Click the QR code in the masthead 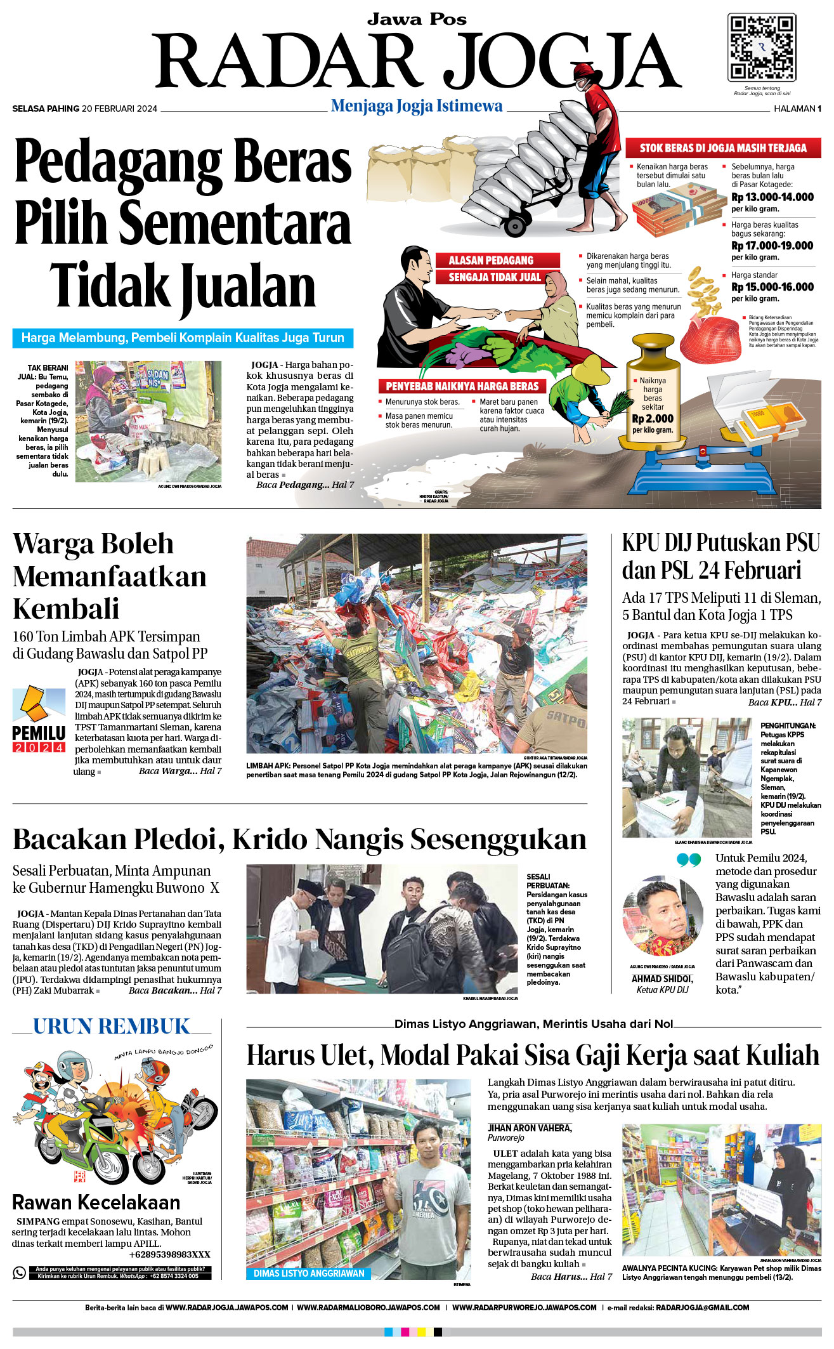[761, 48]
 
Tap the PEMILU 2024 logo [39, 720]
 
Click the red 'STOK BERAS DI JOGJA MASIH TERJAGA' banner [722, 148]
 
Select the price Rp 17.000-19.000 [772, 246]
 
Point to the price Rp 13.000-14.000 [772, 197]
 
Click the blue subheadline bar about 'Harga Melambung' [183, 338]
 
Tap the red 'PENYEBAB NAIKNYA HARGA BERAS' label [462, 386]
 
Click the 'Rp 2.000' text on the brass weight [653, 419]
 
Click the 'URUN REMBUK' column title [112, 1027]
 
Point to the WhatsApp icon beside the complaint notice [20, 1272]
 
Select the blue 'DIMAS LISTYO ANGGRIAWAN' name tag [309, 1273]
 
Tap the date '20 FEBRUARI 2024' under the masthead [119, 109]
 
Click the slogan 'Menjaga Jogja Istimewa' [417, 106]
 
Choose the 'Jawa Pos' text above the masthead [417, 20]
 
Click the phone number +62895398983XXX [169, 1254]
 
